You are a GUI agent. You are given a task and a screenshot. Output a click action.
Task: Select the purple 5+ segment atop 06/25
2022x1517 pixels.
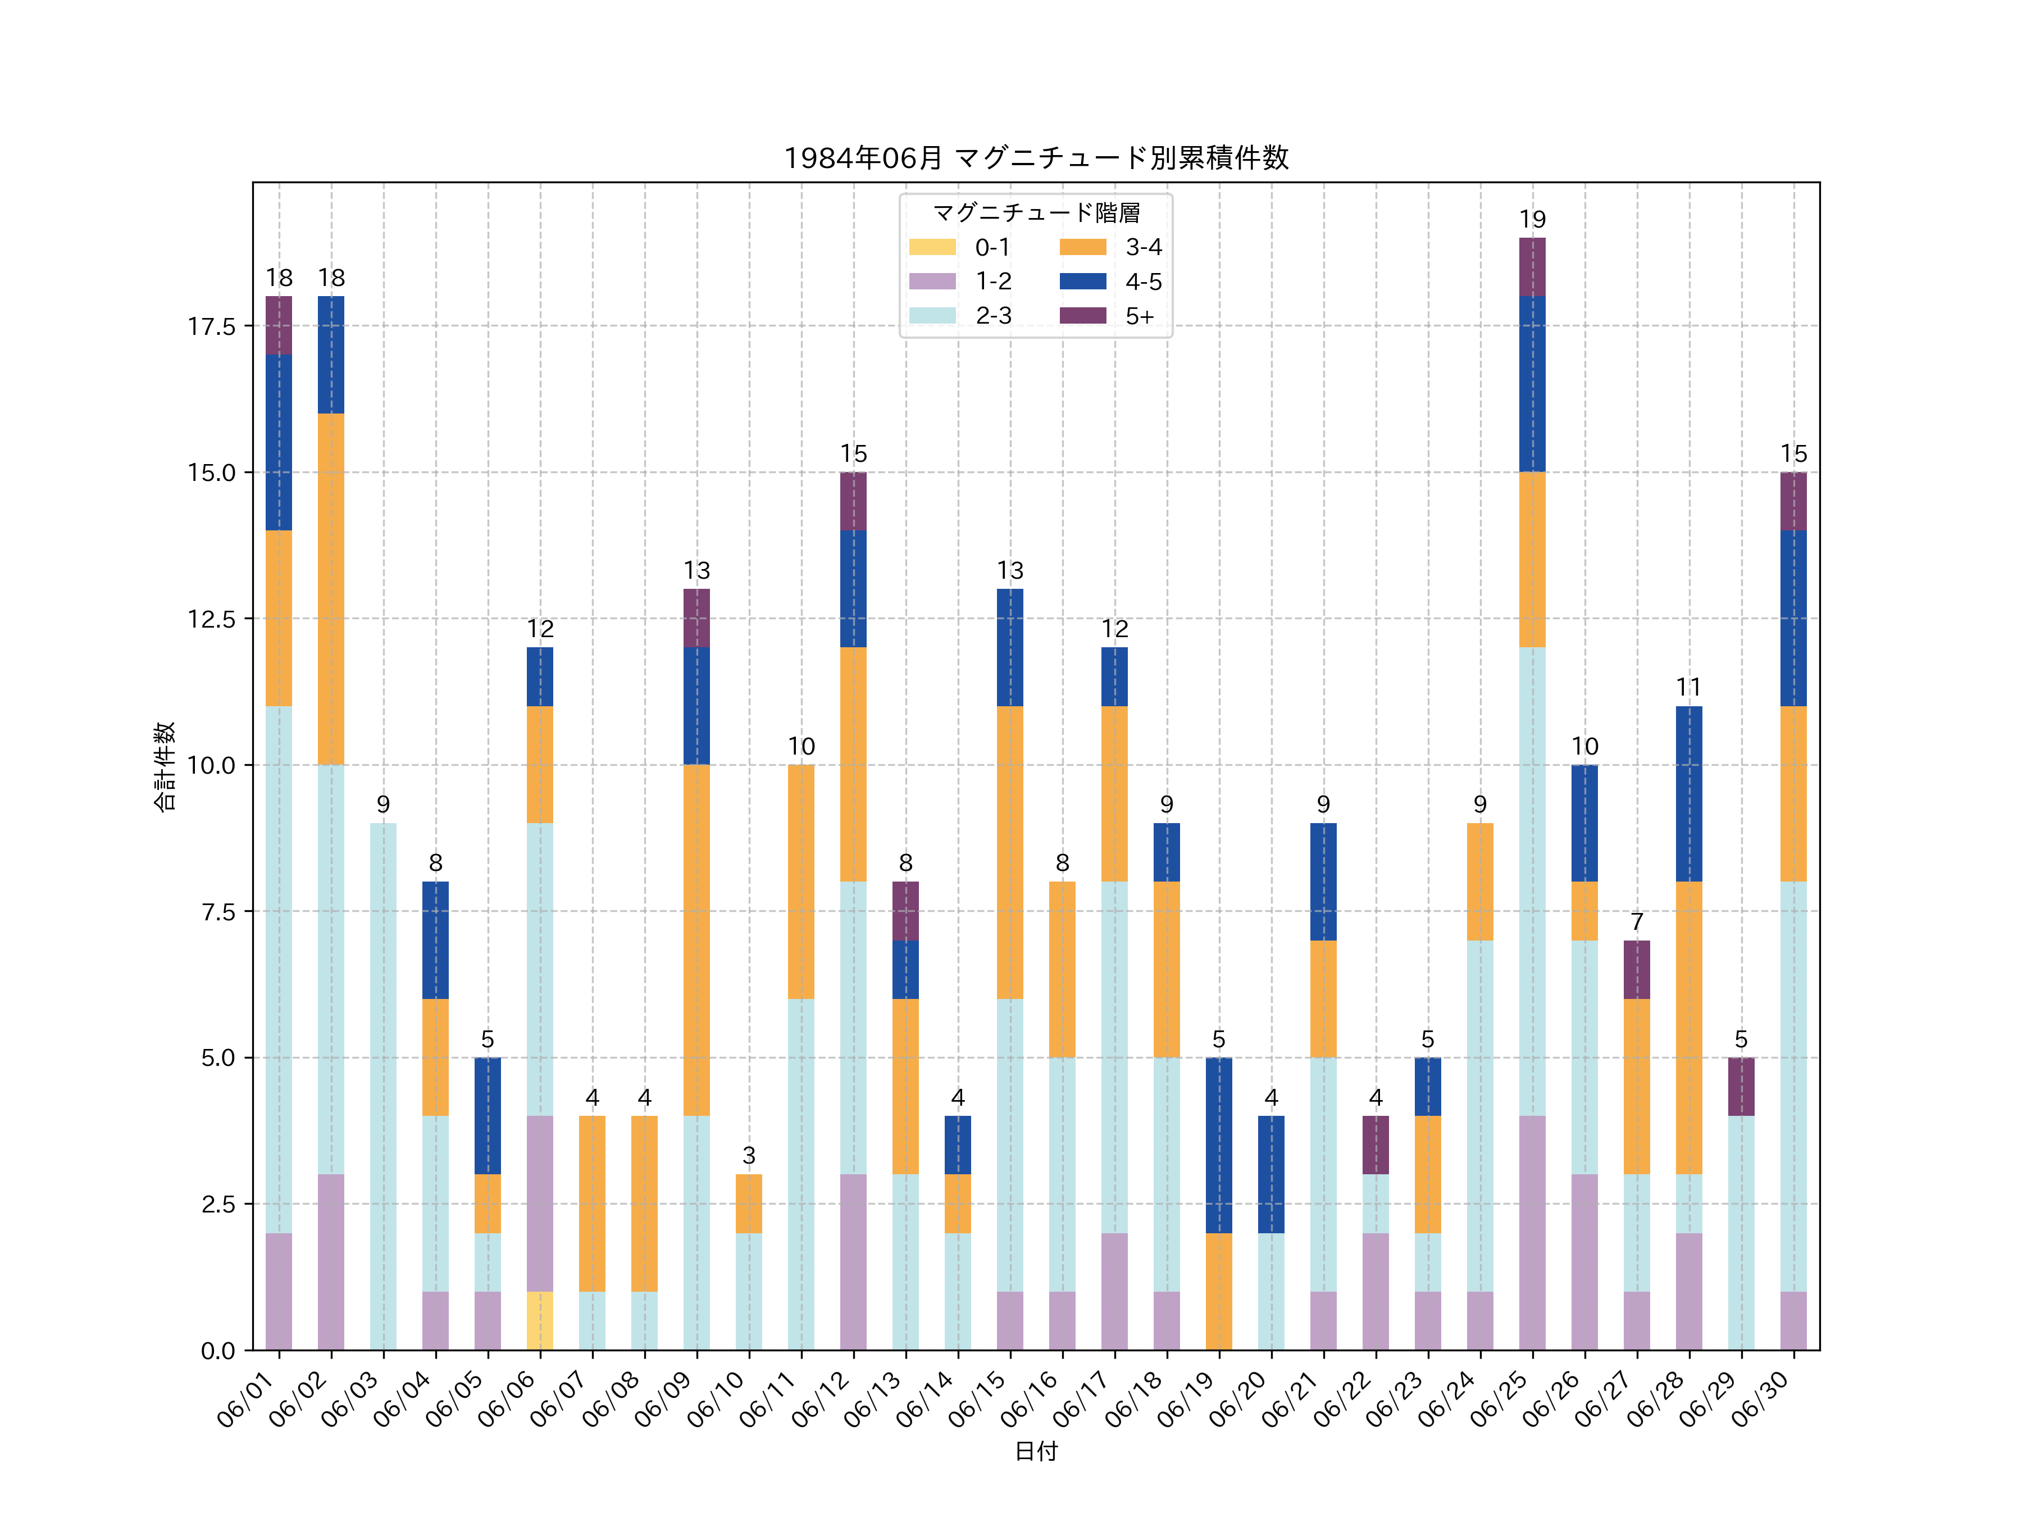(x=1532, y=267)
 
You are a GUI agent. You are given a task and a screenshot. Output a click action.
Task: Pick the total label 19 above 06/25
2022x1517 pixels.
(x=1532, y=220)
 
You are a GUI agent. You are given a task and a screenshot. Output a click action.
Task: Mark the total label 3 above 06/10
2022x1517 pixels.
(x=749, y=1155)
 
